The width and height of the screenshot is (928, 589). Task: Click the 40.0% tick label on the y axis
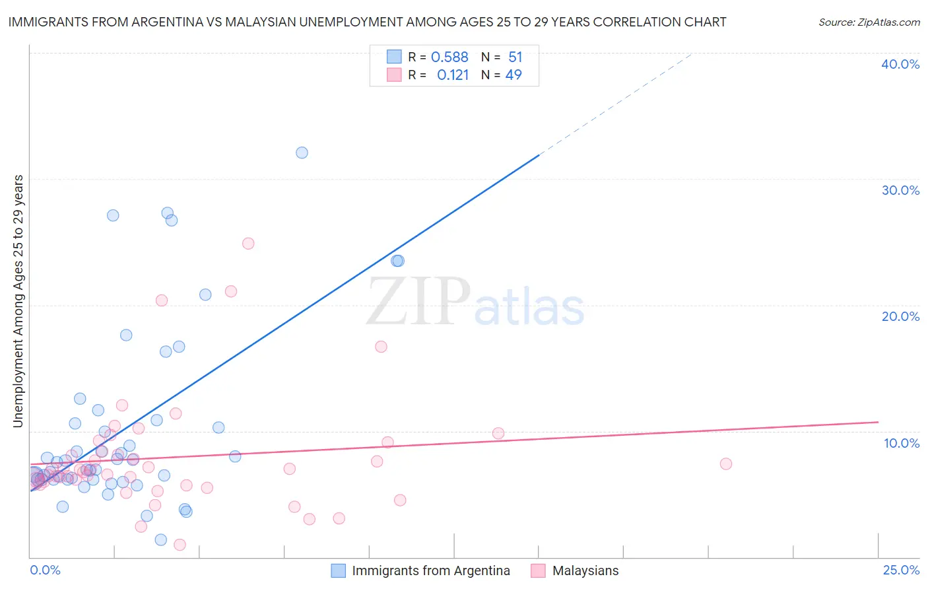click(x=900, y=64)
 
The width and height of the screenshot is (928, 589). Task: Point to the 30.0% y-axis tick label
click(x=900, y=190)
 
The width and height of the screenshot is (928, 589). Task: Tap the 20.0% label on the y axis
click(x=900, y=316)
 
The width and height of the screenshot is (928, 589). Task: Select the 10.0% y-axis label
click(x=902, y=443)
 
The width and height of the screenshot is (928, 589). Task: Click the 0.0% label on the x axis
click(x=45, y=570)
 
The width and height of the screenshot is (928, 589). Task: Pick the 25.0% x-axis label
click(x=901, y=570)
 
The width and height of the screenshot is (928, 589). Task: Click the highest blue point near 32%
click(x=302, y=153)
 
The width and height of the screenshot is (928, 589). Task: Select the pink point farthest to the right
click(x=725, y=464)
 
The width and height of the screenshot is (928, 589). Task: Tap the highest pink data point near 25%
click(x=248, y=243)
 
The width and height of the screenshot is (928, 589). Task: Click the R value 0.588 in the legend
click(x=449, y=57)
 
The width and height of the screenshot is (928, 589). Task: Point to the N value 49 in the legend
click(x=514, y=75)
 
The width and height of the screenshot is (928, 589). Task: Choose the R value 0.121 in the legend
click(x=453, y=75)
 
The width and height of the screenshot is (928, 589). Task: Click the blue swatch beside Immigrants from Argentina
click(x=338, y=571)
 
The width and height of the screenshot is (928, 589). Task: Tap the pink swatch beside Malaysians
click(x=538, y=571)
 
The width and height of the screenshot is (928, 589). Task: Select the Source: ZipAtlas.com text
click(x=869, y=22)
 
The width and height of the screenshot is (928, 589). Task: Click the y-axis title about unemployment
click(x=18, y=301)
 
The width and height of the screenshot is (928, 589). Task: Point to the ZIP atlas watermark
click(x=475, y=302)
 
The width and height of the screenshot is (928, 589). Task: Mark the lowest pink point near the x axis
click(x=180, y=545)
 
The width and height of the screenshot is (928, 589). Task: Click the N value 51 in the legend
click(x=515, y=57)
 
